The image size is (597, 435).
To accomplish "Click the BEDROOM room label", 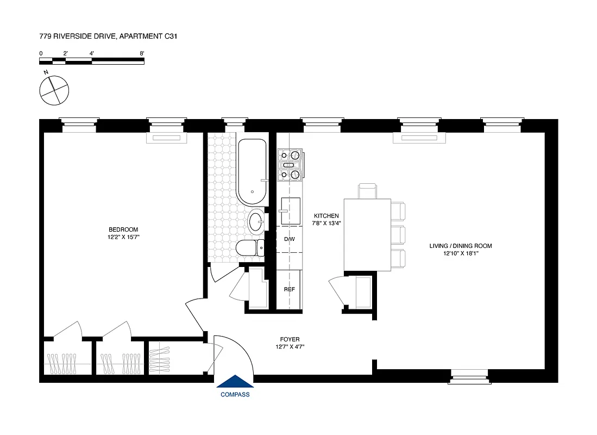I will click(123, 229).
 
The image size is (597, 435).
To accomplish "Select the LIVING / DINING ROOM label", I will click(461, 246).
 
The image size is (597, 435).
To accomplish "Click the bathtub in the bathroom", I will click(252, 171).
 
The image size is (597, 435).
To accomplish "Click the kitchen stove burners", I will click(290, 165).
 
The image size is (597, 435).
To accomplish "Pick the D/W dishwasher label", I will click(289, 239).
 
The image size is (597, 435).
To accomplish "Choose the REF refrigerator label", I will click(289, 289).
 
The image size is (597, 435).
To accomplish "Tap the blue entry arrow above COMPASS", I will click(235, 382).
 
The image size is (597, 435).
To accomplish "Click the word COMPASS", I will click(235, 395).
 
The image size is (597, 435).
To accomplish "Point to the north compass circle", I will click(54, 90).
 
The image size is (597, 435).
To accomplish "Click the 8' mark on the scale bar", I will click(142, 53).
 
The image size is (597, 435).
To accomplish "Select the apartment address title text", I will click(109, 37).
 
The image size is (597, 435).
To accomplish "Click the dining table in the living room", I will click(367, 234).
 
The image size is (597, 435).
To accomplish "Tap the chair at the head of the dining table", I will click(367, 191).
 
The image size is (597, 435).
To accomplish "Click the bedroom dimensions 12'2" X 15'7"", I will click(123, 238).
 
